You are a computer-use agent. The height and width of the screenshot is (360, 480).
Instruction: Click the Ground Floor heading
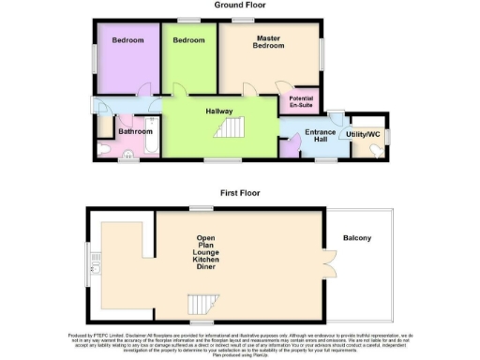(x=239, y=5)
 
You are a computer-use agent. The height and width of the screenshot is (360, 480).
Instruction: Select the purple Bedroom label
(x=128, y=40)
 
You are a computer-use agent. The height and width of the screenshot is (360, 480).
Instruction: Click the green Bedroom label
(x=188, y=40)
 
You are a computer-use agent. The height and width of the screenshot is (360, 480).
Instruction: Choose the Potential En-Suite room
(x=301, y=101)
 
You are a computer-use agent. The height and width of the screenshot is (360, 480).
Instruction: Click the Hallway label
(x=219, y=112)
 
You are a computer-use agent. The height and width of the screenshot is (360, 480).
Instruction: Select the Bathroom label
(x=135, y=131)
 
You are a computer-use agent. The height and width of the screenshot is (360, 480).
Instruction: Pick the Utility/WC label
(x=363, y=136)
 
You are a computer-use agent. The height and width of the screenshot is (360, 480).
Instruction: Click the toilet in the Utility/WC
(x=380, y=147)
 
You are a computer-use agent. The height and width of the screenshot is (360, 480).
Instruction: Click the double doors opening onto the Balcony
(x=329, y=262)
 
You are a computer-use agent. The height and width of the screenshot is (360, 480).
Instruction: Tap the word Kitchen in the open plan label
(x=206, y=258)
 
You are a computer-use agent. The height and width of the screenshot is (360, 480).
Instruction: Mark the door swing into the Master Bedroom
(x=249, y=90)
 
